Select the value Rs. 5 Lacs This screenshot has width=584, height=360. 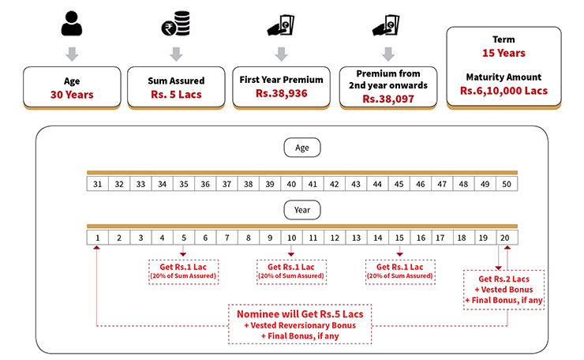pyautogui.click(x=177, y=95)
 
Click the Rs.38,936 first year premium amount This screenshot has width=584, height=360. pyautogui.click(x=282, y=93)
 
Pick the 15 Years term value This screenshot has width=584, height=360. pyautogui.click(x=504, y=53)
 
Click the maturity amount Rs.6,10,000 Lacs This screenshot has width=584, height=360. pyautogui.click(x=504, y=91)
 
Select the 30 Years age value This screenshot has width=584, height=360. pyautogui.click(x=72, y=95)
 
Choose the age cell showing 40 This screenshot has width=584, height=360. pyautogui.click(x=291, y=184)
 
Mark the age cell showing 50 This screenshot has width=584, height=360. pyautogui.click(x=507, y=184)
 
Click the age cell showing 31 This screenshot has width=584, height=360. pyautogui.click(x=98, y=184)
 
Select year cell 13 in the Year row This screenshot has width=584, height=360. pyautogui.click(x=356, y=237)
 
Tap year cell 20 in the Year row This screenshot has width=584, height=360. pyautogui.click(x=507, y=237)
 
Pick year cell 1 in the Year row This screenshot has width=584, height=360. pyautogui.click(x=98, y=237)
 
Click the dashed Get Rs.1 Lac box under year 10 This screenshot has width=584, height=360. pyautogui.click(x=291, y=271)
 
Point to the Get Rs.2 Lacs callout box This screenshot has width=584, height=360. pyautogui.click(x=504, y=290)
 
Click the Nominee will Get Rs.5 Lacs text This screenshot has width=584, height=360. pyautogui.click(x=301, y=313)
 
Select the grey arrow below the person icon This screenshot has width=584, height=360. pyautogui.click(x=72, y=54)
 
